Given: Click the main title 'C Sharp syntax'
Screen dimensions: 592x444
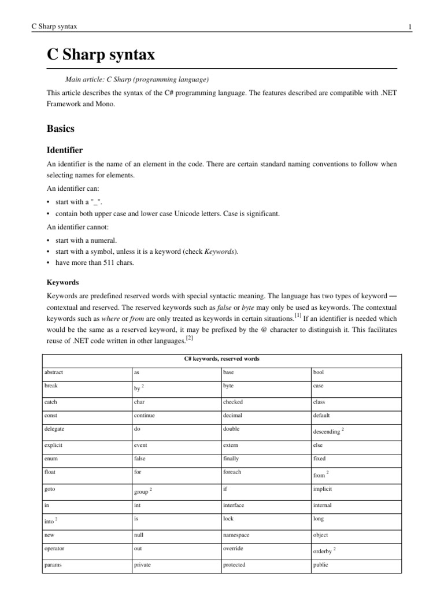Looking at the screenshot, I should click(101, 55).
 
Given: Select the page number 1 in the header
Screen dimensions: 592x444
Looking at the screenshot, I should click(409, 27).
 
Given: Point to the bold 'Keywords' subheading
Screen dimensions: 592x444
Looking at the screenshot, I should click(62, 283).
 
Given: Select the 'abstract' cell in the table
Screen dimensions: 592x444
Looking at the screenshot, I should click(55, 373).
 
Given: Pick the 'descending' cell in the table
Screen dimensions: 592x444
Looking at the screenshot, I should click(327, 432).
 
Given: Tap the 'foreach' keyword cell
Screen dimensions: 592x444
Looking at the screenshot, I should click(232, 472).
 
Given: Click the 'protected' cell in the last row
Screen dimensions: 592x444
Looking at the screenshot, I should click(234, 565).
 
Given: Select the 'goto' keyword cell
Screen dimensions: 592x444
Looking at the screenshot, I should click(50, 489).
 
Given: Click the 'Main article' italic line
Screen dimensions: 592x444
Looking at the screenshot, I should click(137, 79).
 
